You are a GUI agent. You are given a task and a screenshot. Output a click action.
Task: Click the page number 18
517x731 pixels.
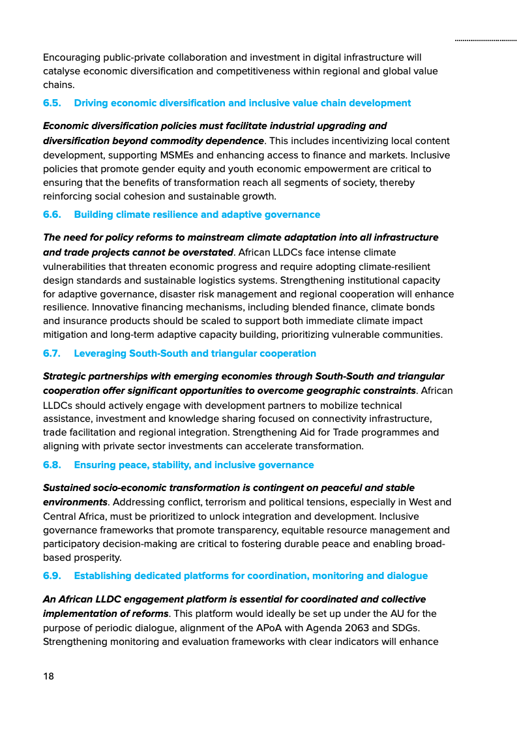click(x=49, y=676)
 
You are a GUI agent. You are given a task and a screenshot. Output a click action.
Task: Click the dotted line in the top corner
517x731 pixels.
click(x=486, y=40)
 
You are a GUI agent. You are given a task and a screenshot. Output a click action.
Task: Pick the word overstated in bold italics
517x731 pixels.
click(x=206, y=252)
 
